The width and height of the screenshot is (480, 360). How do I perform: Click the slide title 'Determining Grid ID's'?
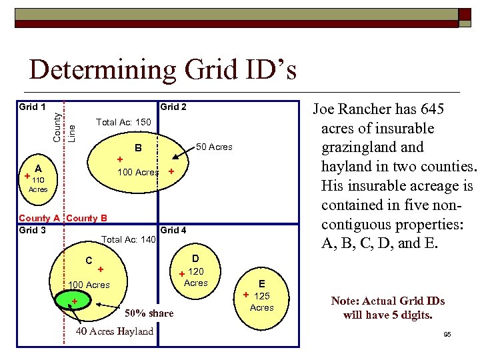click(163, 70)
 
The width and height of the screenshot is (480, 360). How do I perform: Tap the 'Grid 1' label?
click(32, 107)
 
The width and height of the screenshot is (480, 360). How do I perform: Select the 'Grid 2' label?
click(173, 107)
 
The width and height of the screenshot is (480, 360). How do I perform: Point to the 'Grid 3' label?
click(32, 230)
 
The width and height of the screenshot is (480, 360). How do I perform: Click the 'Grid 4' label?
click(173, 230)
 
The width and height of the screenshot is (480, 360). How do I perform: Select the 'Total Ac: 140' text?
click(128, 239)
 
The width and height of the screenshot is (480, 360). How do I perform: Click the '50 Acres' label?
click(213, 147)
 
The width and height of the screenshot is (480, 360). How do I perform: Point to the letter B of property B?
click(139, 148)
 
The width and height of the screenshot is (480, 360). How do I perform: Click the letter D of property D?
click(195, 258)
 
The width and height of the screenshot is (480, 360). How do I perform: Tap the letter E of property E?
click(262, 283)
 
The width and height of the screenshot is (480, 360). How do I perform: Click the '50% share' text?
click(149, 313)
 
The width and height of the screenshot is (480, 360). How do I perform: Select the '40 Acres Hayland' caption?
click(115, 331)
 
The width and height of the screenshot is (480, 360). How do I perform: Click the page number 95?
click(447, 334)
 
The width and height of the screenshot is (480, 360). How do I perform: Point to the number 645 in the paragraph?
click(431, 109)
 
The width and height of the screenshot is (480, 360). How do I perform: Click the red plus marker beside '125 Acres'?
click(245, 295)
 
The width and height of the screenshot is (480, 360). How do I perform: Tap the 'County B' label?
click(87, 218)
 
